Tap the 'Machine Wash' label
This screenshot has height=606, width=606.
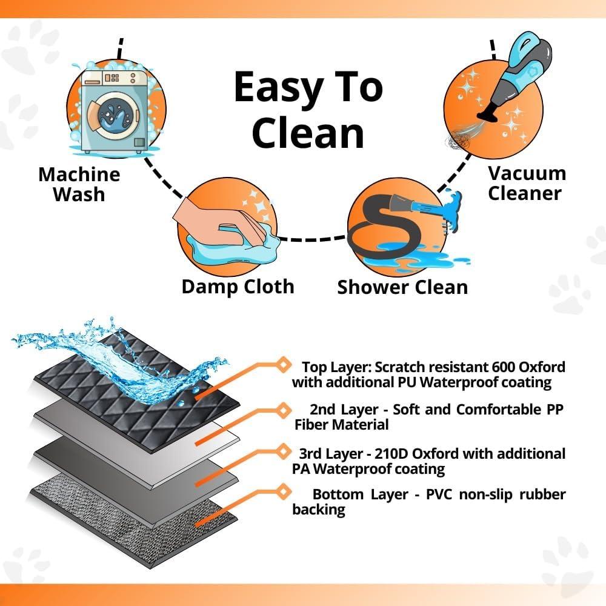pyautogui.click(x=79, y=184)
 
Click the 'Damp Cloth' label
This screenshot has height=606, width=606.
pyautogui.click(x=238, y=286)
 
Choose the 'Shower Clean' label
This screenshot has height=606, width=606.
pyautogui.click(x=402, y=287)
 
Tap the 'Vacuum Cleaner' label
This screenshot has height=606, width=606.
pyautogui.click(x=527, y=183)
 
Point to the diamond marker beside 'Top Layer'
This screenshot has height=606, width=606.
pyautogui.click(x=281, y=364)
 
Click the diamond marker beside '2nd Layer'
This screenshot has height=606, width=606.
pyautogui.click(x=281, y=409)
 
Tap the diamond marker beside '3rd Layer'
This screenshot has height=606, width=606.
pyautogui.click(x=281, y=451)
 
